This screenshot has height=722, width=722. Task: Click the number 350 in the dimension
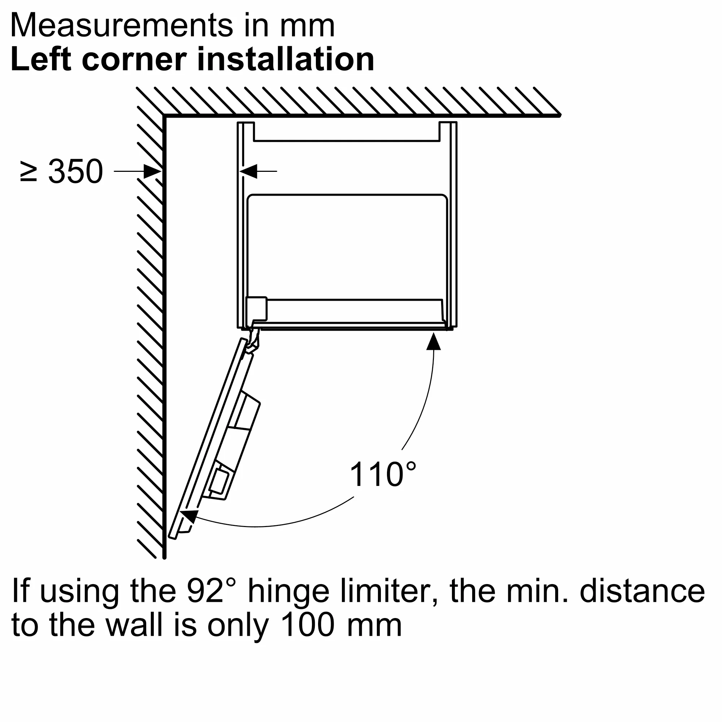tap(75, 171)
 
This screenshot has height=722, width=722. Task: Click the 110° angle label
tap(382, 474)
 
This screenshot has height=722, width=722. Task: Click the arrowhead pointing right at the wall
tap(152, 171)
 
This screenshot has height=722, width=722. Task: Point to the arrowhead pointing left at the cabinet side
tap(248, 171)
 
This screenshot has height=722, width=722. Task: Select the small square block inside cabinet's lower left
tap(256, 309)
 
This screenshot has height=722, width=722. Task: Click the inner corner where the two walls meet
tap(164, 116)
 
